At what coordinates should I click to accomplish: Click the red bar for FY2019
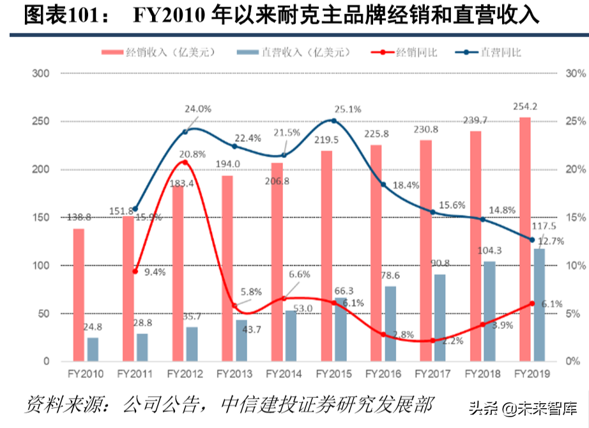tap(524, 239)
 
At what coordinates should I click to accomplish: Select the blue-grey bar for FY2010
tap(93, 349)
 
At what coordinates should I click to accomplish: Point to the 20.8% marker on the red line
tap(185, 162)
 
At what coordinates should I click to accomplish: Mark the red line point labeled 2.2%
tap(432, 340)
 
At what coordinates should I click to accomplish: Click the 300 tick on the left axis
tap(41, 74)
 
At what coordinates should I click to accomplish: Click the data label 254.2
tap(524, 106)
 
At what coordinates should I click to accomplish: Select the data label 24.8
tap(93, 327)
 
